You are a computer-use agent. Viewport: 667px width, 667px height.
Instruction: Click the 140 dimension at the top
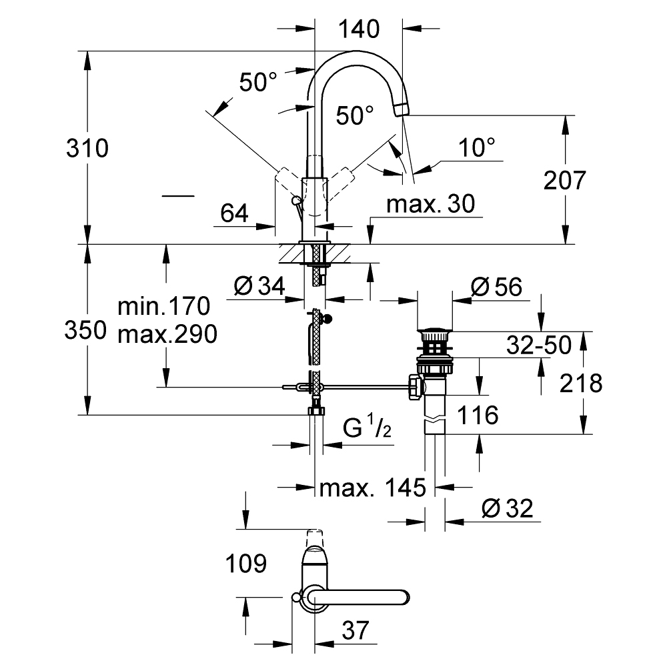pos(359,29)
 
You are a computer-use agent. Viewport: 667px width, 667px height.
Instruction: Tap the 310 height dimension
pos(87,148)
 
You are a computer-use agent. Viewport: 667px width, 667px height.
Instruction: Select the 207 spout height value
pos(564,180)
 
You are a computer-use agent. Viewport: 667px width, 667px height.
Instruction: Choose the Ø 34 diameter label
pos(259,287)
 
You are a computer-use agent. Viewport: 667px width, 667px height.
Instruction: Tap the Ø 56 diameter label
pos(496,287)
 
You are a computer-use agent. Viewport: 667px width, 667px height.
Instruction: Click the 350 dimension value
pos(86,330)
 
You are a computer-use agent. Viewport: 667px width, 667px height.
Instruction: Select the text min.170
pos(163,307)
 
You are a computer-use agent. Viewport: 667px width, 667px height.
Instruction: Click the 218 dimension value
pos(580,383)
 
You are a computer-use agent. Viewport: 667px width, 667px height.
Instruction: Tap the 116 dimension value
pos(477,416)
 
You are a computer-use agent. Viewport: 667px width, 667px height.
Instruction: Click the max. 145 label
pos(372,488)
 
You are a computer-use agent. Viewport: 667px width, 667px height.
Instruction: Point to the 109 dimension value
pos(245,564)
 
